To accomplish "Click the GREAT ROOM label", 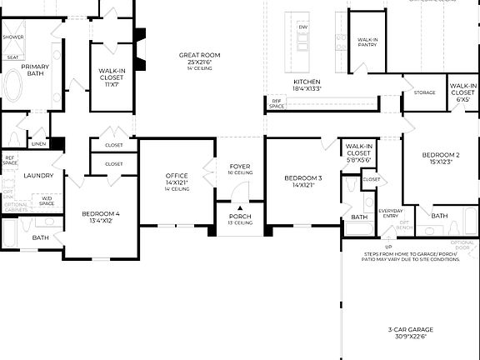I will [x=199, y=55].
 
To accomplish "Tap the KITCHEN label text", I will [x=307, y=82].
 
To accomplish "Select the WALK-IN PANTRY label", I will [x=367, y=43].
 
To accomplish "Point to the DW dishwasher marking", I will [x=303, y=27].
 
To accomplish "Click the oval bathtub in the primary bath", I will [x=14, y=87].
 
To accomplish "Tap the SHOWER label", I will [x=12, y=37].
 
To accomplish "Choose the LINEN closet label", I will [x=39, y=144].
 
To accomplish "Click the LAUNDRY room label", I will [x=38, y=176].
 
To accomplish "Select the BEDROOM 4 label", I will [x=100, y=214].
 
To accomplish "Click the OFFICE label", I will [x=177, y=176].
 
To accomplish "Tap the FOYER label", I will [x=240, y=167].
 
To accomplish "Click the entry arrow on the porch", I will [x=240, y=208].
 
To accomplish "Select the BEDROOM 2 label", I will [x=441, y=156].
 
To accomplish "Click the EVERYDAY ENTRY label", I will [x=390, y=212].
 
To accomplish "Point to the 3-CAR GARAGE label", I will [x=411, y=330].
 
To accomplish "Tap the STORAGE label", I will [x=424, y=92].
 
